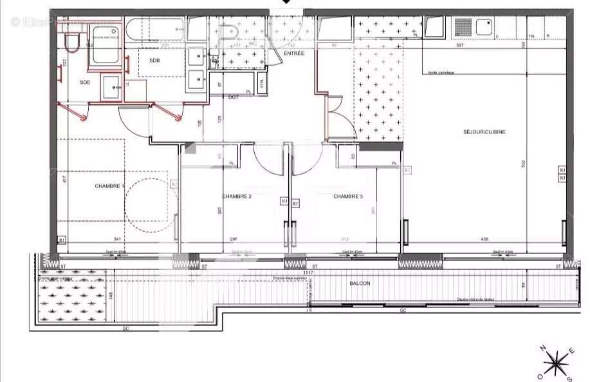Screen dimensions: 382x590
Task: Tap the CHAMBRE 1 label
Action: (x=109, y=186)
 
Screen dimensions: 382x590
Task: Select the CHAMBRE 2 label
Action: (x=237, y=196)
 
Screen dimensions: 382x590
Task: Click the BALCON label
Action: (x=360, y=283)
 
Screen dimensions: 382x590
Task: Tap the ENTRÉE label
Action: (x=293, y=53)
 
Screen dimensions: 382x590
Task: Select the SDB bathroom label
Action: (x=154, y=60)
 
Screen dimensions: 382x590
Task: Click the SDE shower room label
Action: (x=85, y=82)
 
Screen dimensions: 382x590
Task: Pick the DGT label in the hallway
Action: (x=234, y=97)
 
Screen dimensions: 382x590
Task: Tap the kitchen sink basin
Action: (x=483, y=27)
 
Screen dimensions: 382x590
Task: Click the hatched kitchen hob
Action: (x=463, y=27)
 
